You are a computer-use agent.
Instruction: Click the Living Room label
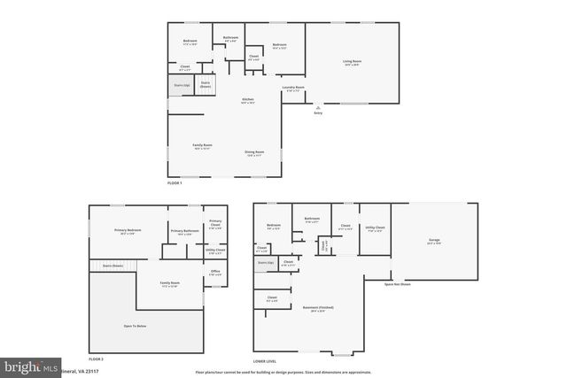click(353, 62)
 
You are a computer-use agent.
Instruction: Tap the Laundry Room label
click(293, 89)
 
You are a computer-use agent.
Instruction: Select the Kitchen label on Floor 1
click(248, 100)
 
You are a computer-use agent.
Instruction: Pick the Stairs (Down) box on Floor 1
click(205, 85)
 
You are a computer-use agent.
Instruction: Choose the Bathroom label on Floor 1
click(230, 39)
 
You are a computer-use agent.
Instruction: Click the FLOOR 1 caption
click(175, 182)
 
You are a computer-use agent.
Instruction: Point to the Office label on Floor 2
click(215, 273)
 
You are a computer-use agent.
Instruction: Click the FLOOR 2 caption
click(96, 359)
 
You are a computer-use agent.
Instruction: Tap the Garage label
click(434, 241)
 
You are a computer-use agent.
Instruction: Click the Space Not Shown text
click(397, 284)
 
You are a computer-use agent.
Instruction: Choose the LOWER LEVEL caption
click(265, 361)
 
